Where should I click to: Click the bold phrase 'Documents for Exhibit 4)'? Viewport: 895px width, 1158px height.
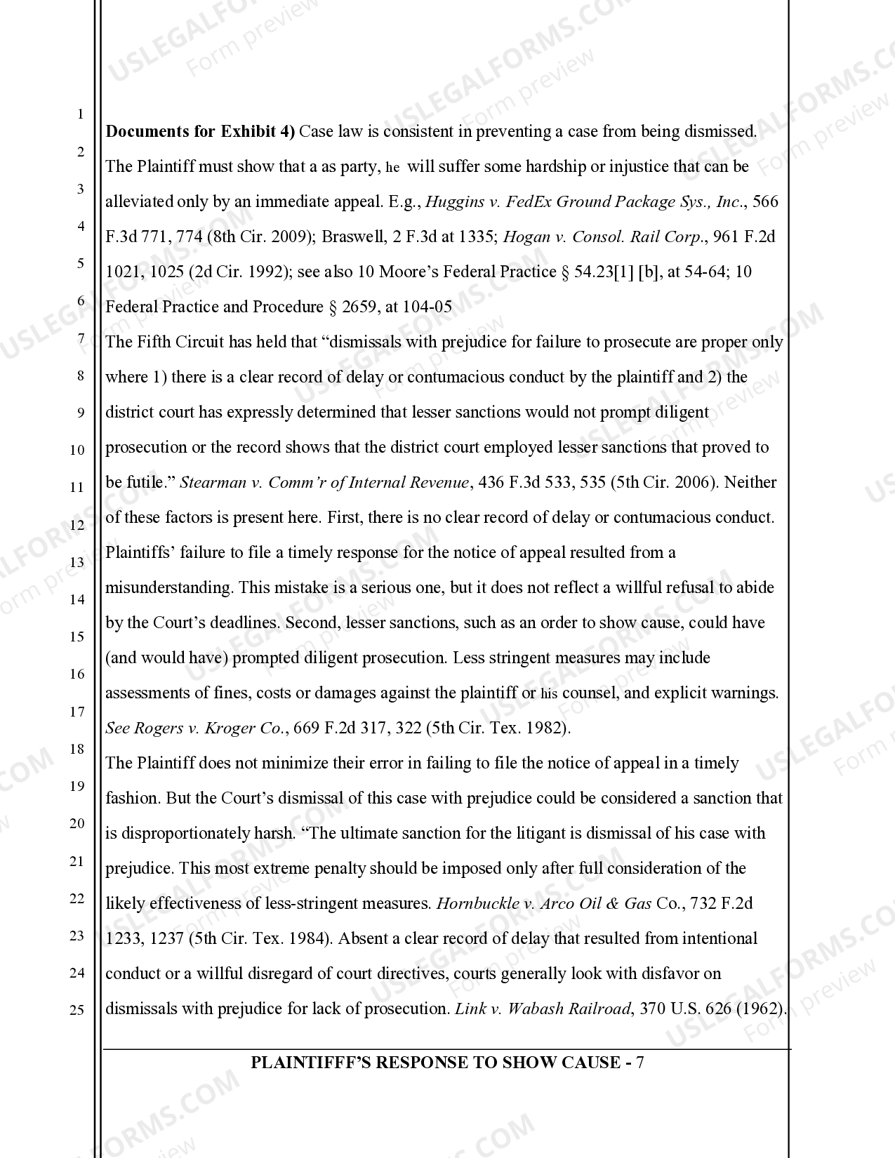coord(200,131)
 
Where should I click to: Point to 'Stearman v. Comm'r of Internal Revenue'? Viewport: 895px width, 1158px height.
coord(324,482)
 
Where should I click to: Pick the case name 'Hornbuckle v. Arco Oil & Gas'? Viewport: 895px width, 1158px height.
coord(544,903)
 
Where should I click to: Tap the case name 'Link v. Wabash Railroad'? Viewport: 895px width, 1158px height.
coord(543,1009)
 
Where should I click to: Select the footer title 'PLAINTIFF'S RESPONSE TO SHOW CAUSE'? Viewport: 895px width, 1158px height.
coord(435,1062)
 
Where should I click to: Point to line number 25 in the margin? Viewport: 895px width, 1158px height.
coord(77,1010)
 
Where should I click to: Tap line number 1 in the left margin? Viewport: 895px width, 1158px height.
coord(80,114)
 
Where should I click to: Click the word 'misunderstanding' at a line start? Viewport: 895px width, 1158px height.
coord(169,587)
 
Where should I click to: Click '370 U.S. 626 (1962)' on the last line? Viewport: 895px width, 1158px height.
coord(712,1009)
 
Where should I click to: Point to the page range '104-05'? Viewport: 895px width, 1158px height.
coord(427,307)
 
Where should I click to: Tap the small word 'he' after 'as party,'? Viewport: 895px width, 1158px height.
coord(393,168)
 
